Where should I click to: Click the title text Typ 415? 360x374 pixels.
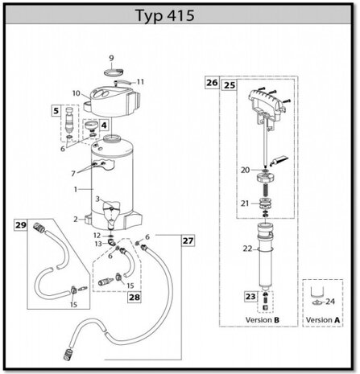coord(164,15)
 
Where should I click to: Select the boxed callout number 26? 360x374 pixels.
coord(212,83)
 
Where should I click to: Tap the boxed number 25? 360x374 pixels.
coord(230,85)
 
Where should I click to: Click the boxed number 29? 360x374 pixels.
coord(21,225)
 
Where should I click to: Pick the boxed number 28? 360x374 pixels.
coord(134,297)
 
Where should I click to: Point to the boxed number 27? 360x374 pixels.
coord(188,240)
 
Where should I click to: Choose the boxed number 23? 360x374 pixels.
coord(250,297)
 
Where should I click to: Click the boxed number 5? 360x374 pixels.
coord(56,111)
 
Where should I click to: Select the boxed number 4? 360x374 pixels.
coord(104,125)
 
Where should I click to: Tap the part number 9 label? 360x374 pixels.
coord(111,58)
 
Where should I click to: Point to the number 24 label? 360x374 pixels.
coord(330,302)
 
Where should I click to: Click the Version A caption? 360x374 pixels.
coord(323,320)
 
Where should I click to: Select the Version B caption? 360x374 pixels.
coord(263,320)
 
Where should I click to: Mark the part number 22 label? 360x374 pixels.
coord(247,249)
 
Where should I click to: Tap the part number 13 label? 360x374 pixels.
coord(98,244)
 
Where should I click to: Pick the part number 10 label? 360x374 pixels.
coord(77,93)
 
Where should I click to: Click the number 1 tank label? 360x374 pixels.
coord(76,190)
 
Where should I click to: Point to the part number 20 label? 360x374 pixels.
coord(245,170)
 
